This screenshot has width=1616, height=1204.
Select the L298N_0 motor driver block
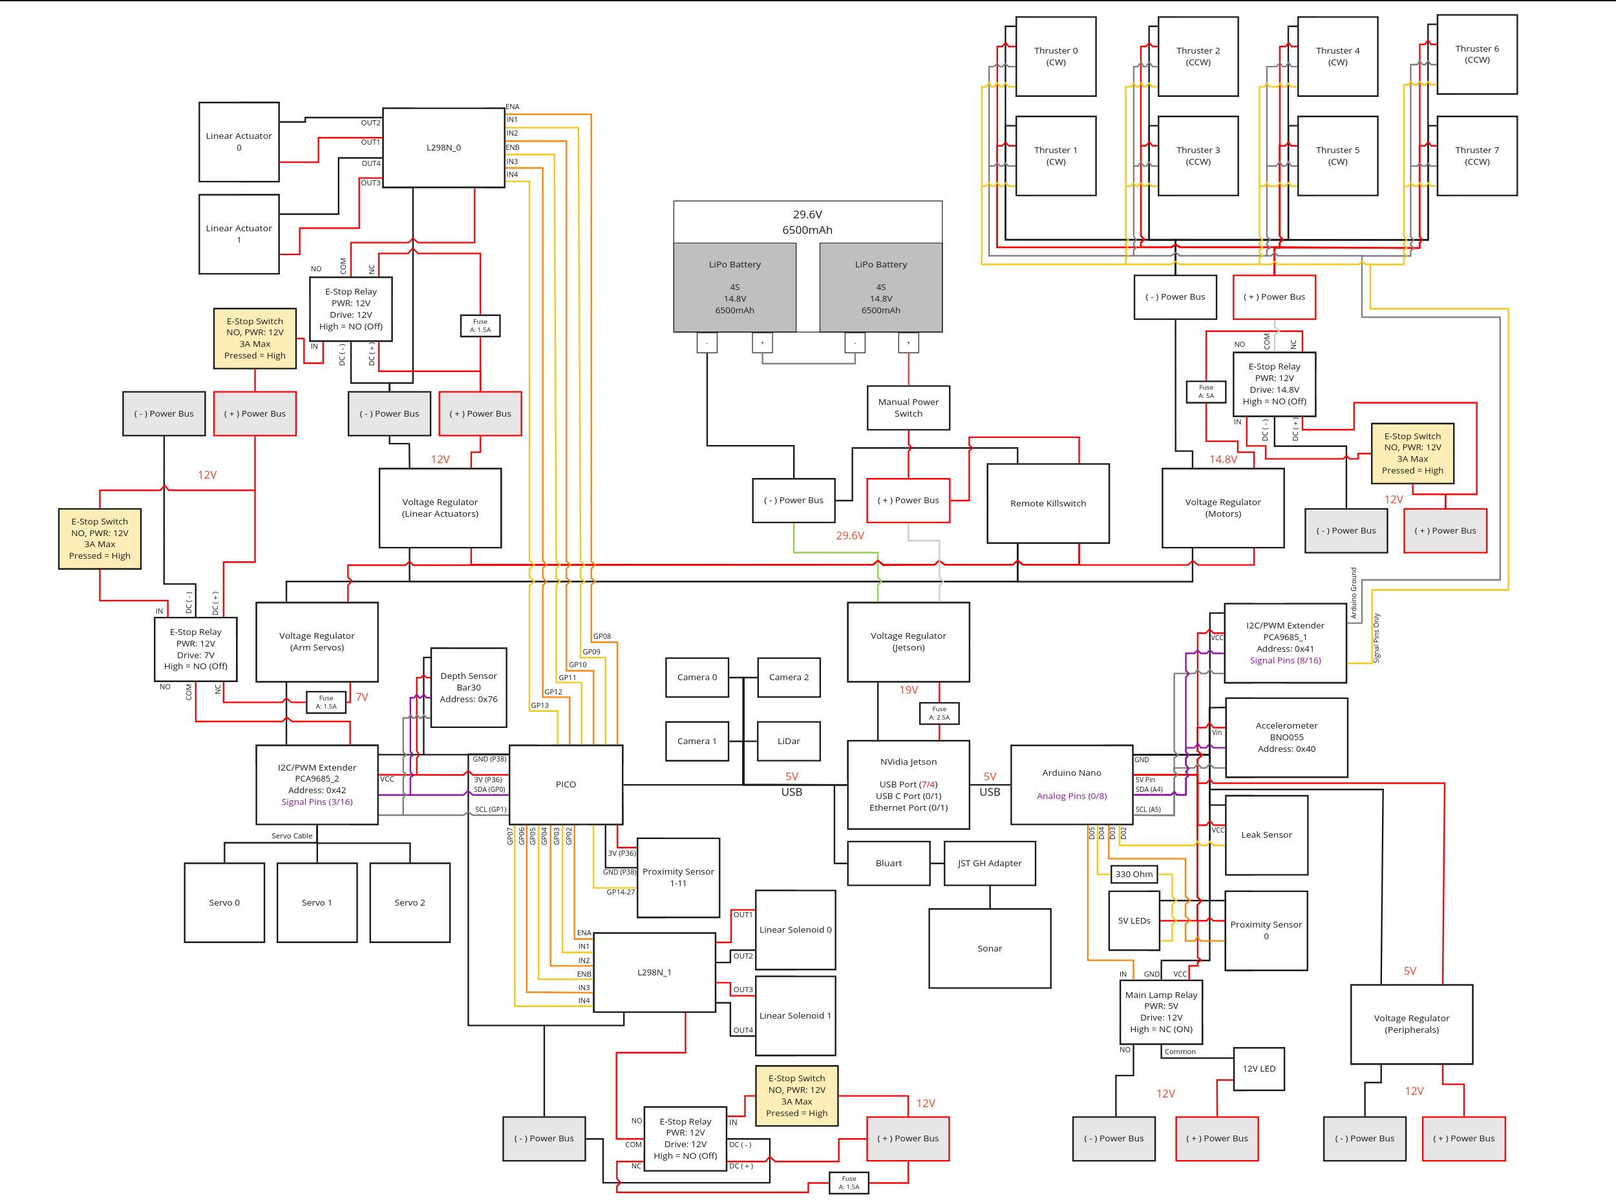pyautogui.click(x=443, y=148)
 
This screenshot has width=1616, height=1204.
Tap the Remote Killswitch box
pyautogui.click(x=1047, y=504)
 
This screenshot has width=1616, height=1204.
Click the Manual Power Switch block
pyautogui.click(x=908, y=408)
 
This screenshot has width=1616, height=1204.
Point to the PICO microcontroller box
pyautogui.click(x=565, y=785)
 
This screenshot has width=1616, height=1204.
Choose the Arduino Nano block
pyautogui.click(x=1070, y=785)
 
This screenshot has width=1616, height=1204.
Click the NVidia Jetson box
pyautogui.click(x=908, y=785)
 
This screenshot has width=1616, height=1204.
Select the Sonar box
pyautogui.click(x=989, y=949)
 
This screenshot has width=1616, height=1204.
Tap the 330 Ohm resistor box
pyautogui.click(x=1133, y=875)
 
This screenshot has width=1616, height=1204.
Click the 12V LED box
pyautogui.click(x=1259, y=1069)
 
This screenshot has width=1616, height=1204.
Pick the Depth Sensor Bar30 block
pyautogui.click(x=468, y=688)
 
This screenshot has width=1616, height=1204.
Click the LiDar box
pyautogui.click(x=789, y=742)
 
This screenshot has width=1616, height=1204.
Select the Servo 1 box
pyautogui.click(x=317, y=903)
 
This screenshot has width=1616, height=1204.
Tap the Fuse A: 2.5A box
pyautogui.click(x=939, y=714)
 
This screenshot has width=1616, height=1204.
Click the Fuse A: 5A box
pyautogui.click(x=1206, y=392)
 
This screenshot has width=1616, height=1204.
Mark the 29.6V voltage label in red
pyautogui.click(x=849, y=535)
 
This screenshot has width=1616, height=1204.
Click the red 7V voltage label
pyautogui.click(x=362, y=698)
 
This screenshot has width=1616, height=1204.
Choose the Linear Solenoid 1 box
pyautogui.click(x=795, y=1016)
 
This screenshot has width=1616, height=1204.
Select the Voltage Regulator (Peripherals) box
pyautogui.click(x=1411, y=1024)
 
